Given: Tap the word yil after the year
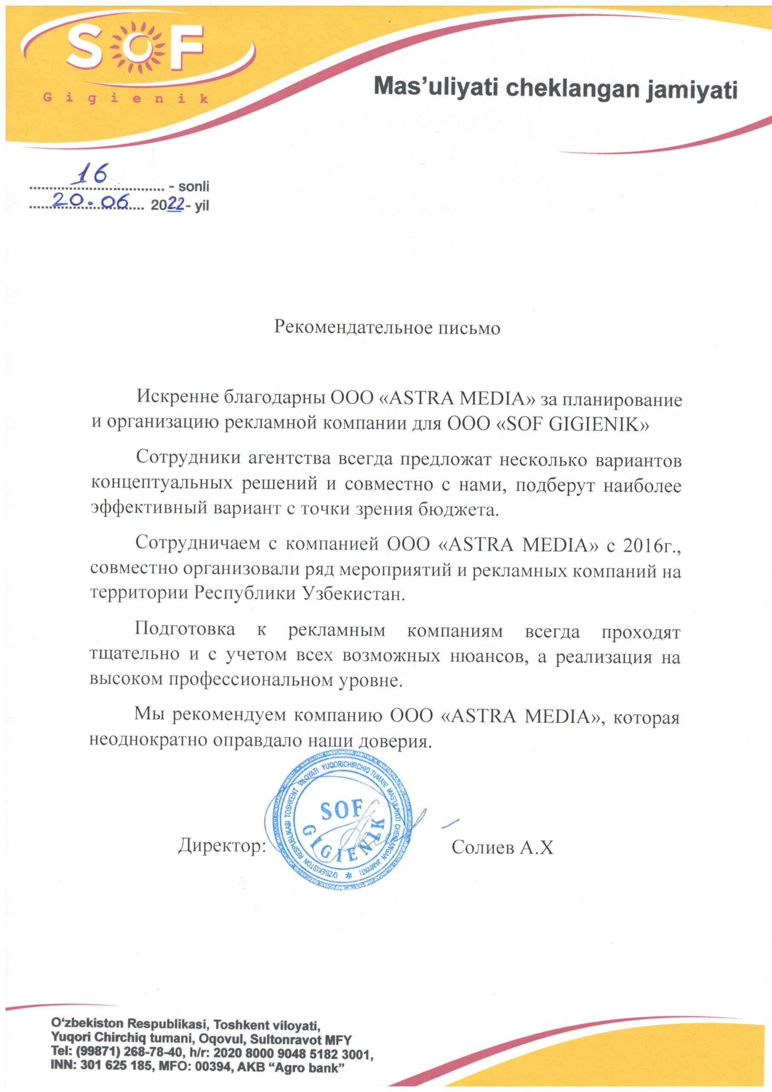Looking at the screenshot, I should (x=199, y=206).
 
